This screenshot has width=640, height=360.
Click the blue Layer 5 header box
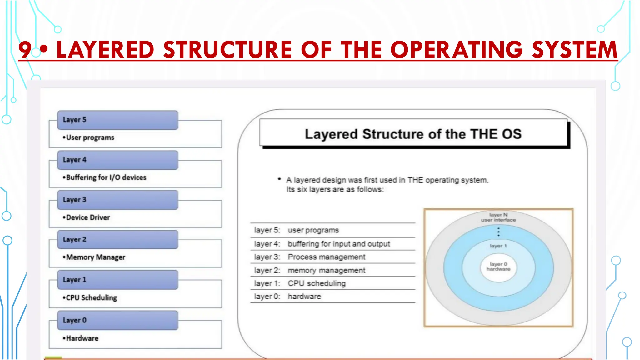coord(117,120)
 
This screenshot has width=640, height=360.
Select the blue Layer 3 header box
coord(117,200)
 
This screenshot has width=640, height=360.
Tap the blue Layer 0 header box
coord(117,320)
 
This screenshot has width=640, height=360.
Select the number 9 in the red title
coord(25,50)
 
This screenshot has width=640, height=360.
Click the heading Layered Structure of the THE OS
coord(413,134)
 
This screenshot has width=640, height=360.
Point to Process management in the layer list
coord(326,257)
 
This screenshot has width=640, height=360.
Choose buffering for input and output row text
coord(339,244)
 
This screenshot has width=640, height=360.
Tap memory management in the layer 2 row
coord(326,270)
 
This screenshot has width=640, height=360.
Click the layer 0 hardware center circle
coord(498,267)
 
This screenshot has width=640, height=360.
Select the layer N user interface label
coord(498,217)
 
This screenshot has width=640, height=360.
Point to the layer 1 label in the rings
coord(498,246)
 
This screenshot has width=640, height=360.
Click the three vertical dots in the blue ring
coord(498,232)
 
